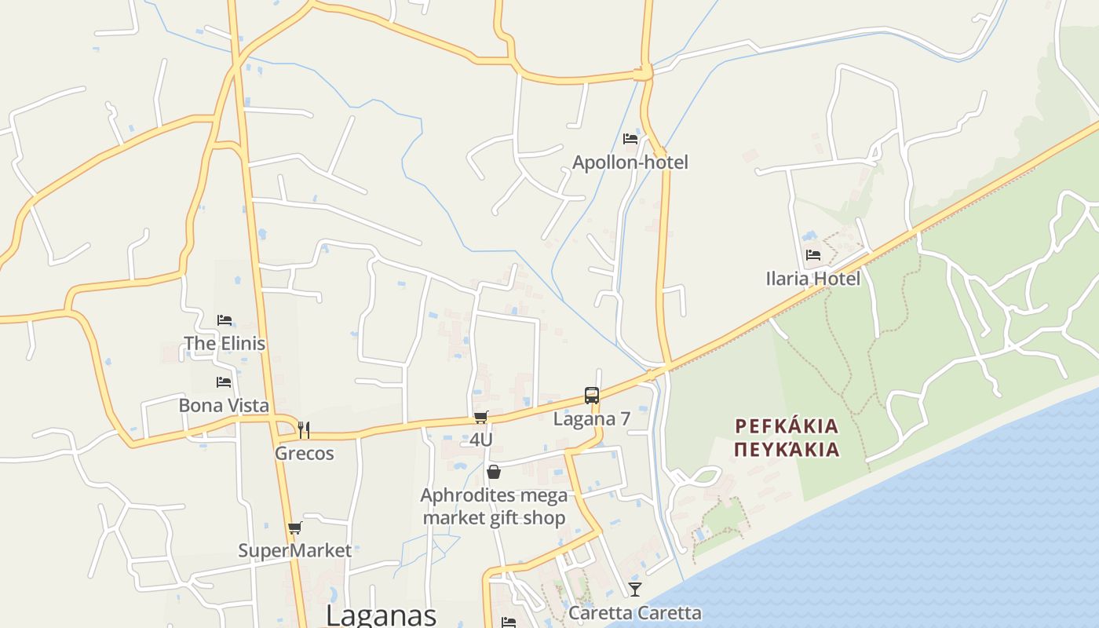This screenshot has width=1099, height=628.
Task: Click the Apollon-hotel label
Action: pos(630,162)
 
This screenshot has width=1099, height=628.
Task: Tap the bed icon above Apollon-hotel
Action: pos(630,139)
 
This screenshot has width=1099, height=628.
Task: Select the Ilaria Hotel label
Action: pos(812,279)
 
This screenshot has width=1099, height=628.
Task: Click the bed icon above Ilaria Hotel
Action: pos(812,255)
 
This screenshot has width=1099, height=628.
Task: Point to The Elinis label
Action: pos(225,343)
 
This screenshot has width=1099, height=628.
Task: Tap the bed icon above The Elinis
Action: pos(225,320)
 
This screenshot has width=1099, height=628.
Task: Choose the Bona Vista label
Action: pos(224,405)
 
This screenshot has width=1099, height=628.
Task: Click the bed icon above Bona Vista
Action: pos(224,382)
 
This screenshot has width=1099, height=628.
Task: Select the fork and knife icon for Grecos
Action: pos(304,429)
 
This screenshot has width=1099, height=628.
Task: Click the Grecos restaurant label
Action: pos(304,453)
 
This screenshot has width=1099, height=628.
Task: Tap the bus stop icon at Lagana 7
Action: pos(592,396)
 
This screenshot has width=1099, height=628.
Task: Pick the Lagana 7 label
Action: pos(592,418)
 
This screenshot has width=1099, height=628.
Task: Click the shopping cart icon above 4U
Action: pos(481,417)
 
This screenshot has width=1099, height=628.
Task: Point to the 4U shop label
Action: pos(481,439)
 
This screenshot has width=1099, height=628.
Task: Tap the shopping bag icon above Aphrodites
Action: pos(494,472)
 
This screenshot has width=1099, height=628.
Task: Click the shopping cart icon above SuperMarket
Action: pos(295,528)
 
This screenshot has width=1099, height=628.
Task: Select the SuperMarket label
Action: pos(295,550)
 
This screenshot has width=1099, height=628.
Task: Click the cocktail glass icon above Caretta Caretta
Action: pos(634,589)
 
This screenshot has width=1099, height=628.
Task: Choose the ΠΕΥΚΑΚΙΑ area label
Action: pos(787,450)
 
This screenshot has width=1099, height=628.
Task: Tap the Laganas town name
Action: pos(381,615)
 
